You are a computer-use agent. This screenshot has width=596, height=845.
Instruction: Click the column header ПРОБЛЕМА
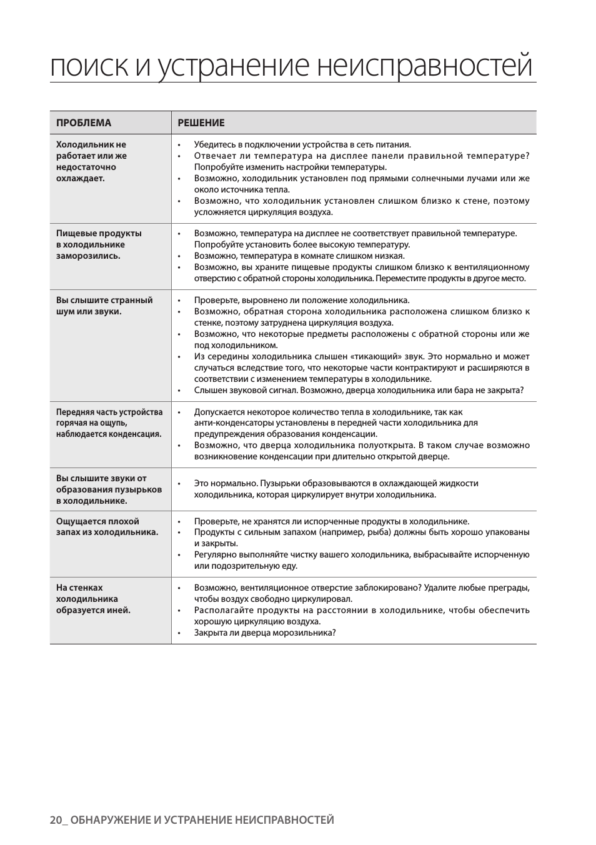84,122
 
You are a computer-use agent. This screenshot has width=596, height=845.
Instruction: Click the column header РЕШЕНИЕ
201,122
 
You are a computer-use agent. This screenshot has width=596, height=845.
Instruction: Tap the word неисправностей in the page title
425,66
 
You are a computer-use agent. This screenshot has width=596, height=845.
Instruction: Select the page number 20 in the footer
56,820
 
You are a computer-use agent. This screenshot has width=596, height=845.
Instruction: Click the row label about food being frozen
99,244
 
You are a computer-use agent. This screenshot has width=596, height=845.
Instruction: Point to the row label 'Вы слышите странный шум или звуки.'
104,306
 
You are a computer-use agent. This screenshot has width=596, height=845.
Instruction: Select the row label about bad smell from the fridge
107,527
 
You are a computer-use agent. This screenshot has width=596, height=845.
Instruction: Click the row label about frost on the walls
93,599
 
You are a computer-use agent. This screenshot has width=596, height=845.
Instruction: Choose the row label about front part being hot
109,423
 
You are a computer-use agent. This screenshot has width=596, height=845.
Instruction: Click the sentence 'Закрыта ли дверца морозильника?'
265,632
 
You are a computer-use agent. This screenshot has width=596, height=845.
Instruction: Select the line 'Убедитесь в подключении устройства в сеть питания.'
302,144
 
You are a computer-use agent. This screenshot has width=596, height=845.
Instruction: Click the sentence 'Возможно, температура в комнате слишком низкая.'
299,256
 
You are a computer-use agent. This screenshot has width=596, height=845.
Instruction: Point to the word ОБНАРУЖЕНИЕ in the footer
110,820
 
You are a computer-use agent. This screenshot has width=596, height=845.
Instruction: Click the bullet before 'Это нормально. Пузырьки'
180,484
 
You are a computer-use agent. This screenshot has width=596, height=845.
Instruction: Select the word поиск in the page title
89,66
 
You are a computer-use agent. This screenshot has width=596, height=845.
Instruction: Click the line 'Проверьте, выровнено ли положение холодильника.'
302,300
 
